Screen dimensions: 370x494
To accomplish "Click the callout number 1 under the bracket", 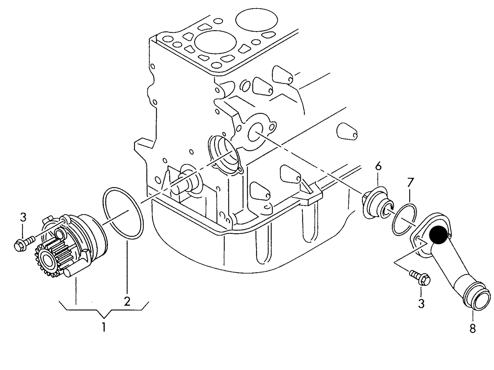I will pyautogui.click(x=104, y=327).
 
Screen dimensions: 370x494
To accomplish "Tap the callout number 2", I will pyautogui.click(x=127, y=301).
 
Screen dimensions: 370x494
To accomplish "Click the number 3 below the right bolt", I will pyautogui.click(x=421, y=303).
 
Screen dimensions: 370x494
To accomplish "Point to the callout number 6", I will pyautogui.click(x=378, y=167).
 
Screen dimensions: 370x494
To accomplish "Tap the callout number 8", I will pyautogui.click(x=472, y=328).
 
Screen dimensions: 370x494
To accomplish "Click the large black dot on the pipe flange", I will pyautogui.click(x=439, y=235).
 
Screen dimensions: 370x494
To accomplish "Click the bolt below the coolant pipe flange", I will pyautogui.click(x=420, y=277).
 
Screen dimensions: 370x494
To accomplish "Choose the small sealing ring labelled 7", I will pyautogui.click(x=405, y=220).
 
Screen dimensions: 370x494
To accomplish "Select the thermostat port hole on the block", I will pyautogui.click(x=255, y=133).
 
